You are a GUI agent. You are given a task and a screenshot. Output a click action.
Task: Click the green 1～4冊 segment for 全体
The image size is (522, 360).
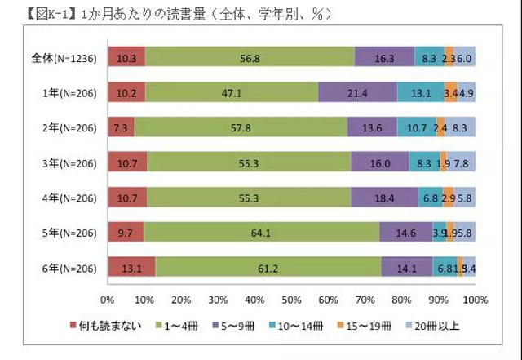(250, 56)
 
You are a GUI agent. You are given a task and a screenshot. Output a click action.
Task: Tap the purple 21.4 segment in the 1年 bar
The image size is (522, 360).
(357, 92)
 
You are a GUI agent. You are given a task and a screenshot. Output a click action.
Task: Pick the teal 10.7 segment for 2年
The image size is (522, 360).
(417, 127)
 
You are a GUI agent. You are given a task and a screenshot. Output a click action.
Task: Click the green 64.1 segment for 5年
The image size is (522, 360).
(261, 232)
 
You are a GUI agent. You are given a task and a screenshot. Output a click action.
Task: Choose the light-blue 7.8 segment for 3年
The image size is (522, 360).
(462, 162)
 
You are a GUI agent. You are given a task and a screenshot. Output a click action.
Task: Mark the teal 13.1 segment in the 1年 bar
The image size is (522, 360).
(421, 92)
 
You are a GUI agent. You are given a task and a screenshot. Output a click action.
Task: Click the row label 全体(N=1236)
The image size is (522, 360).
(64, 57)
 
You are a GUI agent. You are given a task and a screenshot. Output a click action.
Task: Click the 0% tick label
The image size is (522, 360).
(107, 299)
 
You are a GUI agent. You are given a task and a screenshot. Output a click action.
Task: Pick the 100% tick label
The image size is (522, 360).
(475, 299)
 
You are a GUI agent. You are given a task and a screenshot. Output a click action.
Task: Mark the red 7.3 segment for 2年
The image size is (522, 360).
(120, 127)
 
